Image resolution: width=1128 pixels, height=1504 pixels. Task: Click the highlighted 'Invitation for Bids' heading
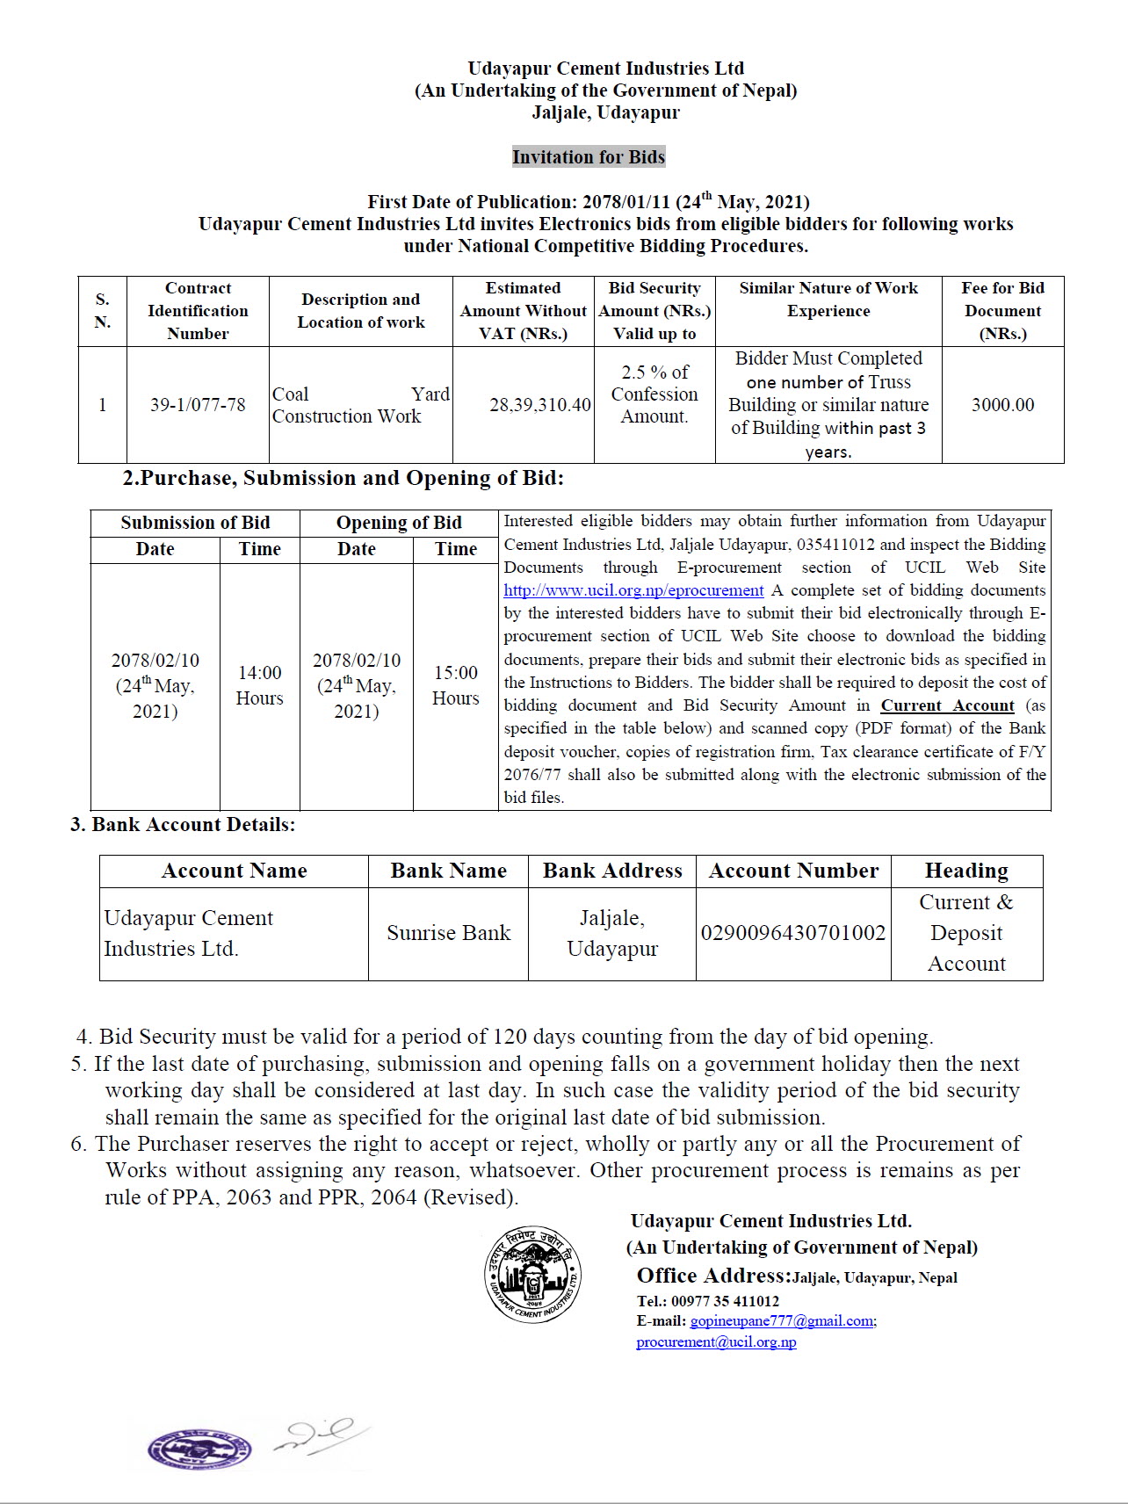click(589, 157)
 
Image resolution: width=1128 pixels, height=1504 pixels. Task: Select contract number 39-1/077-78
click(198, 405)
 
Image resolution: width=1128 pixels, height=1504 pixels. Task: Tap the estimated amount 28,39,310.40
click(540, 405)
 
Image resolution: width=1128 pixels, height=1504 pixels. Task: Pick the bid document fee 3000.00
click(1002, 405)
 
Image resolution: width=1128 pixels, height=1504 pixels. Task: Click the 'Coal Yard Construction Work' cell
click(360, 405)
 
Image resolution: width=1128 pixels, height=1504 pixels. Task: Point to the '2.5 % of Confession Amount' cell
click(654, 394)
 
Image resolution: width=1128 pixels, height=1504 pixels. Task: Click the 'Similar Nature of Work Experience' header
click(828, 300)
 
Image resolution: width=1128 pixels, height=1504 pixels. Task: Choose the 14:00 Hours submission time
click(260, 685)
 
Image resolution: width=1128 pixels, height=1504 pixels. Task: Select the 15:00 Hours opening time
click(455, 685)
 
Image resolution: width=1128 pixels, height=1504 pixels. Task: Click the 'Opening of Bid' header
click(399, 523)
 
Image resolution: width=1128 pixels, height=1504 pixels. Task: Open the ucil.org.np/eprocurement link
click(633, 590)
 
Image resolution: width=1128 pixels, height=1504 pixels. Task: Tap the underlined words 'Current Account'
click(947, 705)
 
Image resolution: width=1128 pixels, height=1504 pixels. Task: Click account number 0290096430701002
click(793, 933)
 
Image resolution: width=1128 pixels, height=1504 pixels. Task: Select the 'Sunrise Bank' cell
click(448, 933)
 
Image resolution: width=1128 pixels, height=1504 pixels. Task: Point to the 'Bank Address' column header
click(612, 871)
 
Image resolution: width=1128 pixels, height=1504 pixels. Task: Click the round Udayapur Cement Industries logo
click(531, 1273)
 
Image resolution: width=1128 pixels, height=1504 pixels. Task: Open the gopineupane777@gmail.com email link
click(782, 1321)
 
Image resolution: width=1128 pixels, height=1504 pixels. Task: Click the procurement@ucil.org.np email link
click(716, 1342)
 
